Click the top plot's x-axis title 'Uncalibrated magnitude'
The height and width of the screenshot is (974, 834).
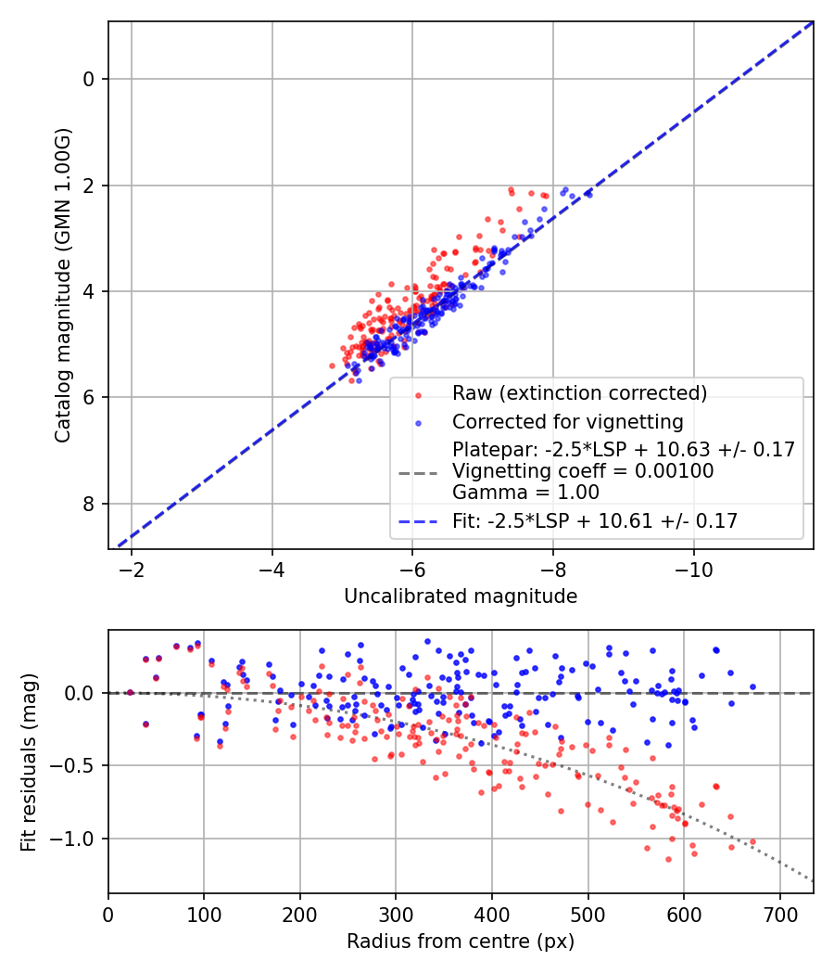pos(461,596)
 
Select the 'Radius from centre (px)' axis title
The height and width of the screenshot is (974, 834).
pos(461,942)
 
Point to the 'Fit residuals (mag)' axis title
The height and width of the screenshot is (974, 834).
pos(29,762)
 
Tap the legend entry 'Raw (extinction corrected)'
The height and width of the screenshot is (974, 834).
pos(579,393)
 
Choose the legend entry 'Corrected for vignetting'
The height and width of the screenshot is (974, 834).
pos(567,422)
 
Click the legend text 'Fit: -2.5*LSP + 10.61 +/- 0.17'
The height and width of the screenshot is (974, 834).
pos(595,521)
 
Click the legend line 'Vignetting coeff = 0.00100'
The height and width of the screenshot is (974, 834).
pos(583,471)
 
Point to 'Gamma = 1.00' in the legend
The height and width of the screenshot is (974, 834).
pos(525,493)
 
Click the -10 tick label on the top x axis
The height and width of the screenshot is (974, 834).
pos(694,569)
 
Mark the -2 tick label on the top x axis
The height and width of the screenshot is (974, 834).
pos(132,569)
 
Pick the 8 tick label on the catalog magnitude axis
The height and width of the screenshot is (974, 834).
pos(89,504)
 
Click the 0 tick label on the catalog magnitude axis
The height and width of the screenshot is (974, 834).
pos(89,79)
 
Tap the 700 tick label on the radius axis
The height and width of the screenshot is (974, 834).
pos(779,914)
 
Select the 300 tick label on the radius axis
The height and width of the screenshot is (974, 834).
pos(396,914)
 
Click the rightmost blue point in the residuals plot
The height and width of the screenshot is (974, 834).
pos(752,687)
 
